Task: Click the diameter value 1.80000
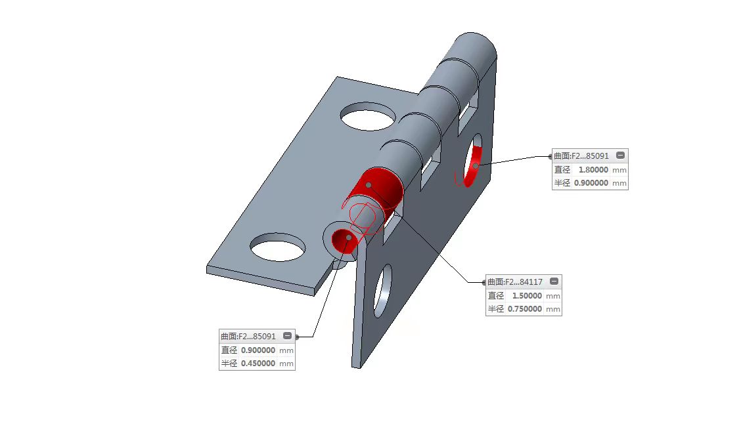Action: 593,169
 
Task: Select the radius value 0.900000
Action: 591,182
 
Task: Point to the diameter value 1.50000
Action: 527,295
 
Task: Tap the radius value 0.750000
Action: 525,308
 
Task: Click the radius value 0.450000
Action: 258,363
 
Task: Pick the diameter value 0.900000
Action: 258,350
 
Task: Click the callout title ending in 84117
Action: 515,282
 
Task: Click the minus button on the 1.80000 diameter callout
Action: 621,156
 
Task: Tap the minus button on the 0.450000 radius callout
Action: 287,335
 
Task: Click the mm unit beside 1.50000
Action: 553,296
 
